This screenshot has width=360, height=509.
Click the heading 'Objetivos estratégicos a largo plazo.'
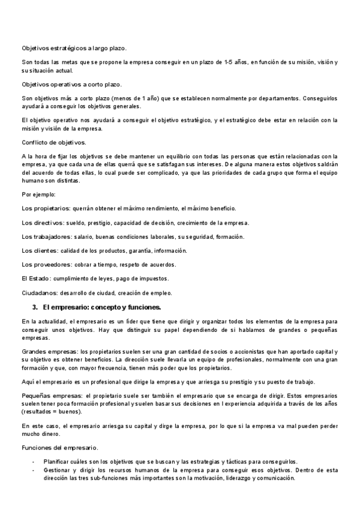pyautogui.click(x=78, y=48)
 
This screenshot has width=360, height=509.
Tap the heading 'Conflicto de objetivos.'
pyautogui.click(x=53, y=142)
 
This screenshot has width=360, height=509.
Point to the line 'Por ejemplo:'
pyautogui.click(x=38, y=194)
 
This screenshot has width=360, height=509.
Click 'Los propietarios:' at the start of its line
pyautogui.click(x=46, y=208)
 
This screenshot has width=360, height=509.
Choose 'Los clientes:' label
pyautogui.click(x=40, y=250)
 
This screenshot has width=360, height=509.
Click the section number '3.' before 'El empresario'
pyautogui.click(x=35, y=307)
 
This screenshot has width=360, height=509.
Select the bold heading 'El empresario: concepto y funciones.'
pyautogui.click(x=102, y=307)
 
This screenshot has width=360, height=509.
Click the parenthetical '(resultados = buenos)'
pyautogui.click(x=53, y=411)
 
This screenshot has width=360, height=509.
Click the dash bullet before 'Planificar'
pyautogui.click(x=33, y=461)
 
